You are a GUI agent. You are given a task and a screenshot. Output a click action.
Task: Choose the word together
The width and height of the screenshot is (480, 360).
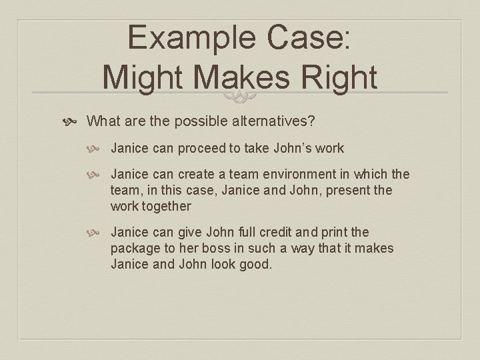click(166, 206)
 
